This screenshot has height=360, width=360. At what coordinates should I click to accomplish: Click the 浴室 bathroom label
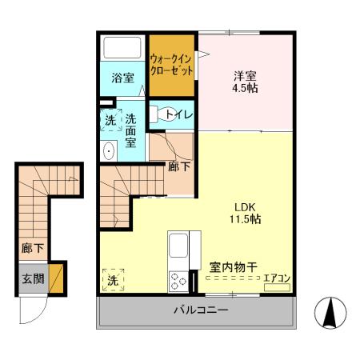pos(122,78)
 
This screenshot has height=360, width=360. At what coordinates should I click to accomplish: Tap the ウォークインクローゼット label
pos(170,63)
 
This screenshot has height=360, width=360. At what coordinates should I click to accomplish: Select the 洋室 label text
pos(244,76)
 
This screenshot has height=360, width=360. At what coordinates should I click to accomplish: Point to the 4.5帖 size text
pos(245,89)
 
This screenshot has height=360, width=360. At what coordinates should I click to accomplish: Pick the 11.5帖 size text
pos(245,218)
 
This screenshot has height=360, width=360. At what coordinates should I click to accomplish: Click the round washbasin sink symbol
pos(109,150)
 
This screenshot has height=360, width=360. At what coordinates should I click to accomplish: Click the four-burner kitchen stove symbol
pos(178,280)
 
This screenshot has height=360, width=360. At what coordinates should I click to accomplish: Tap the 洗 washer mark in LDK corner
pos(113,280)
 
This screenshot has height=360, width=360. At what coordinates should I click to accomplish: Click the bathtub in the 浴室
pos(122,48)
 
